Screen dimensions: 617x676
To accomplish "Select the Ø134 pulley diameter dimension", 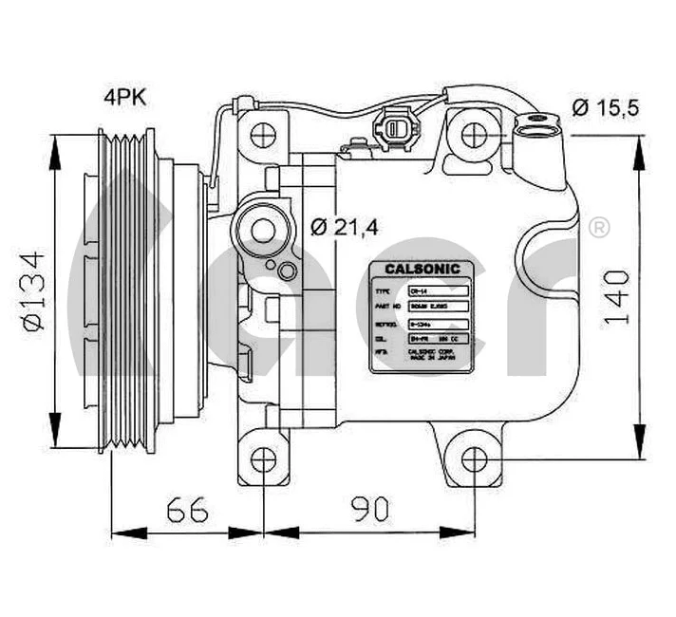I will (x=35, y=290).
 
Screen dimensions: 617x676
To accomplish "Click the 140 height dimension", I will (x=616, y=297).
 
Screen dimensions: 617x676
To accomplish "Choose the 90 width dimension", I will (x=370, y=510).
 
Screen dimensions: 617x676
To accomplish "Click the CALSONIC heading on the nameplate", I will (x=422, y=269).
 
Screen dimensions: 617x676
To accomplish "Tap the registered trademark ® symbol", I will (x=599, y=228).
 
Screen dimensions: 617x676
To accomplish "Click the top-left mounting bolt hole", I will (x=263, y=134).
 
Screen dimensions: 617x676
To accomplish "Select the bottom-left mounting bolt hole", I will (x=263, y=461).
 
